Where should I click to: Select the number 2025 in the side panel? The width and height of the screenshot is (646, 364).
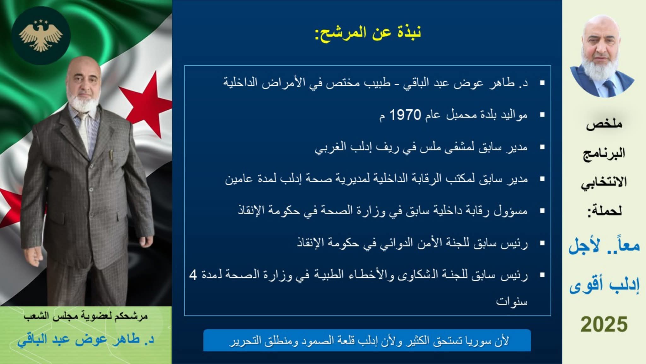tap(604, 325)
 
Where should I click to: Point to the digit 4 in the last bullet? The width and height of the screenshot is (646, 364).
tap(193, 275)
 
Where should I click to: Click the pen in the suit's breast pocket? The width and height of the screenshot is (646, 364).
tap(111, 155)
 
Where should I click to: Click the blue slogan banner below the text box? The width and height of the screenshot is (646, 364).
tap(367, 340)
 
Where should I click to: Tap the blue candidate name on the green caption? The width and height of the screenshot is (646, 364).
tap(86, 339)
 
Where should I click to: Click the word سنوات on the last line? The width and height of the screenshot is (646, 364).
tap(512, 301)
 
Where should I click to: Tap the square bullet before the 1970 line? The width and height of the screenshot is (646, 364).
tap(542, 115)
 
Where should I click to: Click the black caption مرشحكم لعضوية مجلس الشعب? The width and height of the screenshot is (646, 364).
tap(86, 316)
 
